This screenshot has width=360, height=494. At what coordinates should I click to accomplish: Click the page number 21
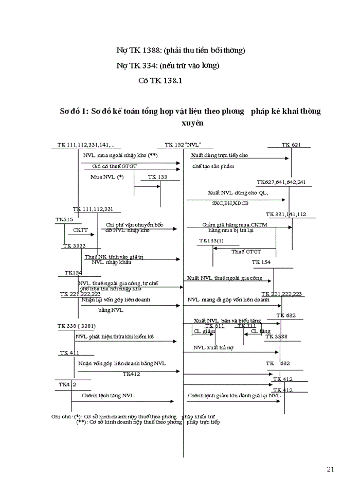(330, 469)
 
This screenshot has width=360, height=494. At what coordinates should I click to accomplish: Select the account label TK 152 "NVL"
(183, 145)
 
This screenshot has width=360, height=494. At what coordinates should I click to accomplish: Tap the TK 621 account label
(291, 145)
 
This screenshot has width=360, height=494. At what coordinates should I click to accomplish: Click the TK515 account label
(64, 220)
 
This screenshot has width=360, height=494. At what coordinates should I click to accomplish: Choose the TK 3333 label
(75, 246)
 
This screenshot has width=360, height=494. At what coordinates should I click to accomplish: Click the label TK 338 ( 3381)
(77, 326)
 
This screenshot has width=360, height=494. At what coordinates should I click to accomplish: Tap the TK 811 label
(215, 326)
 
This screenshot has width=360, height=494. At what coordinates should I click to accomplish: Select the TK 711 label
(246, 326)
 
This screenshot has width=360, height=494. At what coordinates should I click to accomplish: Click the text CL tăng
(261, 332)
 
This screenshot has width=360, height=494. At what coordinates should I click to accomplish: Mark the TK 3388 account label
(277, 337)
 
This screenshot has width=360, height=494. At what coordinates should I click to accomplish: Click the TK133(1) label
(211, 241)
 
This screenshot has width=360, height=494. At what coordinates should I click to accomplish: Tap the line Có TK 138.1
(161, 81)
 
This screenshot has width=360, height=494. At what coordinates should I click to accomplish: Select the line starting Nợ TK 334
(168, 65)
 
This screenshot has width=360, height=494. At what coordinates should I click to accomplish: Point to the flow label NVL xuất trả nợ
(213, 348)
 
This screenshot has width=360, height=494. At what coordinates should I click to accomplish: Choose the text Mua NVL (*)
(107, 177)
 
